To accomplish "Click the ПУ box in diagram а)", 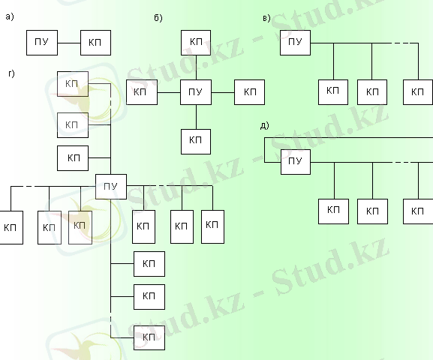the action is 42,43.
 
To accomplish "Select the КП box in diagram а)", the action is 95,43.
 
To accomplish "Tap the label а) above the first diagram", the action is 10,16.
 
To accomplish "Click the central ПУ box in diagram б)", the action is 196,92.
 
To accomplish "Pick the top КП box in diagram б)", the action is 196,43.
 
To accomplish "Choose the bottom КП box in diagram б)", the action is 196,142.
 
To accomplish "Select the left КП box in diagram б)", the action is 142,92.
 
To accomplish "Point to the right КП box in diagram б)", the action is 249,92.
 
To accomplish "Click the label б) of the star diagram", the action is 158,18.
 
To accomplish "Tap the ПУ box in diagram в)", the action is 295,43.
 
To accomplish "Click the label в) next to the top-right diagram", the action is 266,18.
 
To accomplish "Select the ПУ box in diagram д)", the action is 296,162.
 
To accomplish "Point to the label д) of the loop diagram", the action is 265,125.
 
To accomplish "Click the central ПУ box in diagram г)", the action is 111,187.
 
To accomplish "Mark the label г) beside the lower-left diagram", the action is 11,73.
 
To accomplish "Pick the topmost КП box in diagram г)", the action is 73,84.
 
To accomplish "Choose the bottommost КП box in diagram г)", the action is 149,338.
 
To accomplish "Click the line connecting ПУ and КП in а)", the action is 69,43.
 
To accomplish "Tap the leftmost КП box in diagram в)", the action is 333,92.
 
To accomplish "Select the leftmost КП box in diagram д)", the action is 333,211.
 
